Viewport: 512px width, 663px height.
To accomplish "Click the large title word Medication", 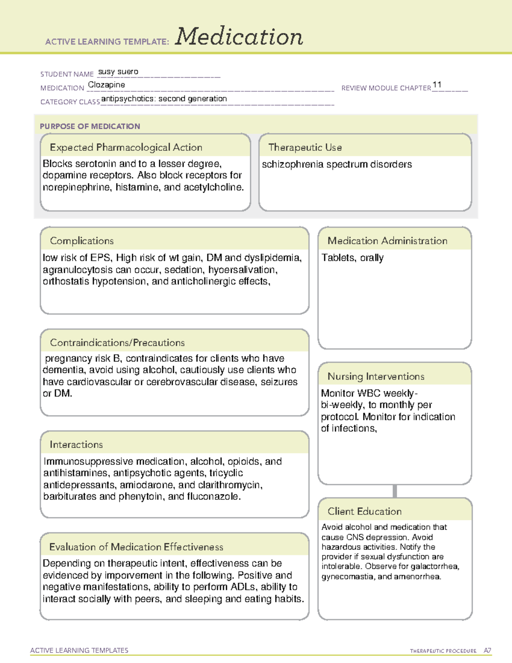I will (x=239, y=37).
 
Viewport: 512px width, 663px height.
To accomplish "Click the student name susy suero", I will (x=118, y=72).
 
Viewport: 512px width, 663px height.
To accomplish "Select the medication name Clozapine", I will (x=106, y=85).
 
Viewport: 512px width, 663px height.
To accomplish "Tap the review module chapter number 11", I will (x=436, y=85).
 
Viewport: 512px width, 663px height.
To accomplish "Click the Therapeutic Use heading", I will (x=305, y=147).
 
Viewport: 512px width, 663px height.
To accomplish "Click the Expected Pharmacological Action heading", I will (x=126, y=147).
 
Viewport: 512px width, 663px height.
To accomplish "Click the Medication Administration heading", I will (x=387, y=241).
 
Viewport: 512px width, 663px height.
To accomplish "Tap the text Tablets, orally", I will (x=352, y=258).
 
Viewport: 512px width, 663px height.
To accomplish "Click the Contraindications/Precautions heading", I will (x=117, y=343).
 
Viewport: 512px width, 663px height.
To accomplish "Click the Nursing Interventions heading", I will (x=376, y=377).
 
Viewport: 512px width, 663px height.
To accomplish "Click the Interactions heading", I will (x=76, y=445).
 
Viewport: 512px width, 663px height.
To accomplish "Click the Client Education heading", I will (x=364, y=511).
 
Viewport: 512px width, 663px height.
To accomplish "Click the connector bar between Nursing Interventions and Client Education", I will (x=395, y=491).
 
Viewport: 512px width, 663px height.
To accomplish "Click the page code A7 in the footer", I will (x=487, y=651).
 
